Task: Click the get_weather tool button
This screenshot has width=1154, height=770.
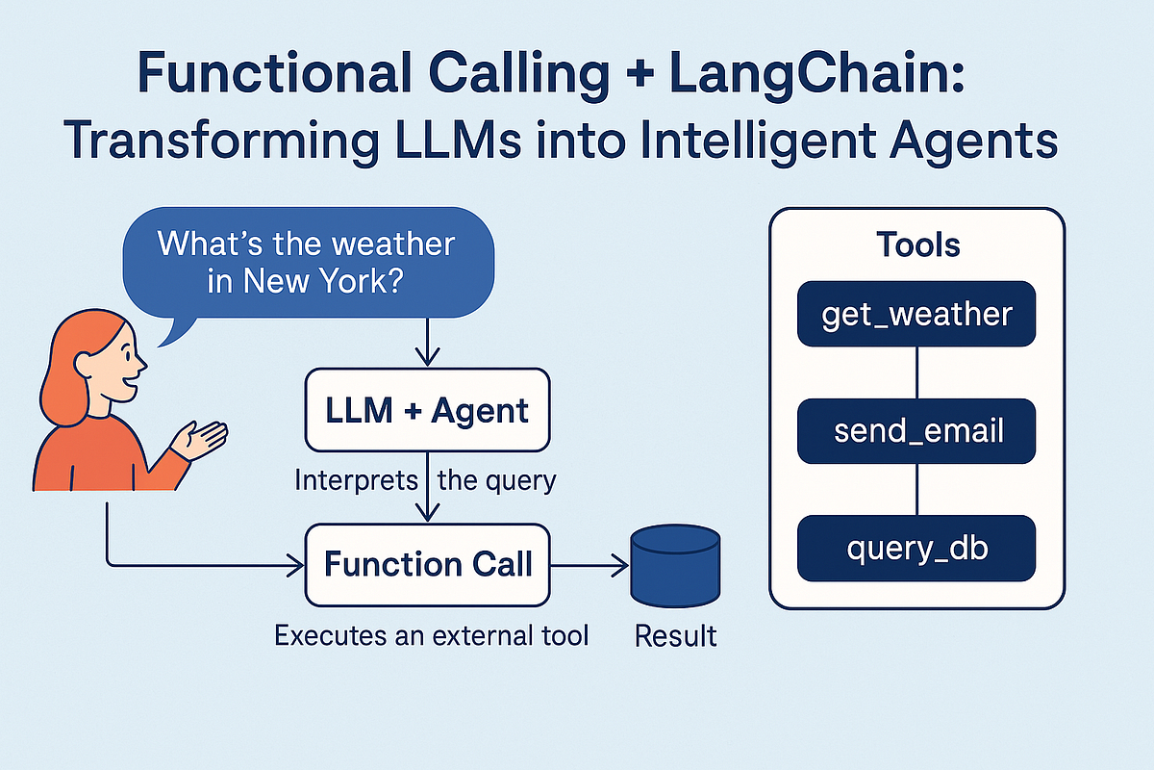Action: click(916, 314)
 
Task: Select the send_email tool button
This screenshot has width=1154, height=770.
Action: click(916, 430)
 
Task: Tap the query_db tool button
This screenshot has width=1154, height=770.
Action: click(916, 548)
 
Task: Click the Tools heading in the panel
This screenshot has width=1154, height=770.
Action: click(917, 244)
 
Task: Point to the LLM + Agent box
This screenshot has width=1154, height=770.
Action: click(428, 411)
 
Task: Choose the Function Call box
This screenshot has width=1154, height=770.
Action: click(428, 563)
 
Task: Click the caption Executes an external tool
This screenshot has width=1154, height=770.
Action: click(431, 635)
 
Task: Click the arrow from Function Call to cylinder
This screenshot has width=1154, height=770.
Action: click(589, 565)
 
